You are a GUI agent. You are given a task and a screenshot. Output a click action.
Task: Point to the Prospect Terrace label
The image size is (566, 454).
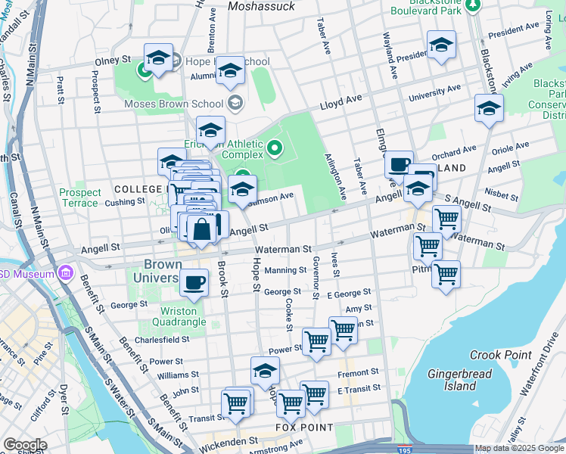click(79, 197)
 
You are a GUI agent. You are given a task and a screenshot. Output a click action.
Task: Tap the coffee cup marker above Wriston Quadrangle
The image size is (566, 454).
click(194, 282)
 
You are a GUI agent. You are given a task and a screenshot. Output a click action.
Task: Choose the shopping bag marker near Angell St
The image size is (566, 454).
click(202, 229)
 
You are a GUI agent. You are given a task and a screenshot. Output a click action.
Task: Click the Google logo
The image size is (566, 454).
click(25, 445)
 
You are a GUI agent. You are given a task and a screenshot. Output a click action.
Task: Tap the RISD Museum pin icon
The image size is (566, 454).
click(67, 273)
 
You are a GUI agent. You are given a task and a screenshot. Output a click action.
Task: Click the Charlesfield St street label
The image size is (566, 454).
click(162, 340)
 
